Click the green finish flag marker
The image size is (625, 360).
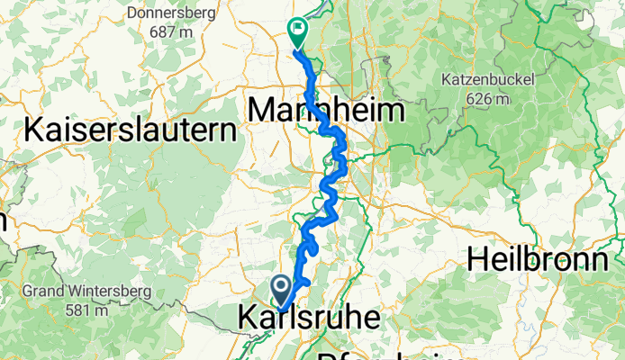coord(295,32)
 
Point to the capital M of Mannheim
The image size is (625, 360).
coord(260,112)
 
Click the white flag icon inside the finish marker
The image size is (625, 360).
coord(295,29)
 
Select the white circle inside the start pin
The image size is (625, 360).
coord(282,286)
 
